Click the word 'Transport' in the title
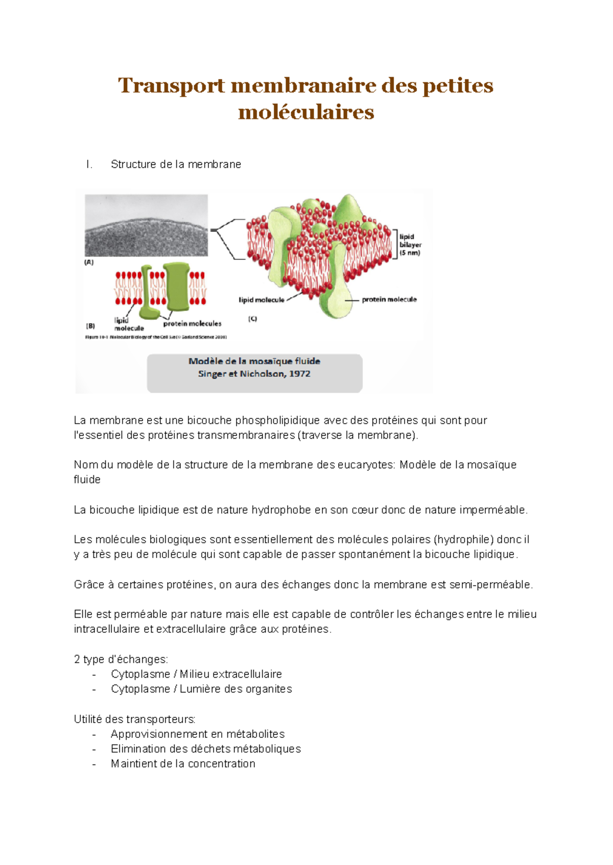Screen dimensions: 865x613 (x=171, y=85)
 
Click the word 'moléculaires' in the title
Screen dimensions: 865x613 (x=306, y=112)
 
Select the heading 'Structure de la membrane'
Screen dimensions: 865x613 (x=176, y=164)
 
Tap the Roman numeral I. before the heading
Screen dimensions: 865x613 (x=89, y=164)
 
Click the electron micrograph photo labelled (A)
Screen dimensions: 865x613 (x=146, y=225)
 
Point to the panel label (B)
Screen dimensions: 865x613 (x=90, y=325)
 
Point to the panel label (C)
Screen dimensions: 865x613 (x=252, y=319)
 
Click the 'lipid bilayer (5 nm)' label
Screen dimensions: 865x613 (x=410, y=245)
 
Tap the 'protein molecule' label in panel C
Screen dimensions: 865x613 (x=389, y=299)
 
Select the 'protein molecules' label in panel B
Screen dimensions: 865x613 (x=192, y=323)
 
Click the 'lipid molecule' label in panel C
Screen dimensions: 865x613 (x=262, y=300)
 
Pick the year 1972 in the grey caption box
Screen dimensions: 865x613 (x=300, y=374)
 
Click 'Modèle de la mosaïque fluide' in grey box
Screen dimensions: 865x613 (x=254, y=361)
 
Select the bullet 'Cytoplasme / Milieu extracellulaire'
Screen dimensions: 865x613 (x=196, y=674)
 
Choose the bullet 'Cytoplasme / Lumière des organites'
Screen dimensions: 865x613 (x=201, y=689)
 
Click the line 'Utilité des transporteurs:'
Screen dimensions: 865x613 (x=134, y=719)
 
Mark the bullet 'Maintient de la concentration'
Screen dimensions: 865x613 (x=183, y=763)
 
